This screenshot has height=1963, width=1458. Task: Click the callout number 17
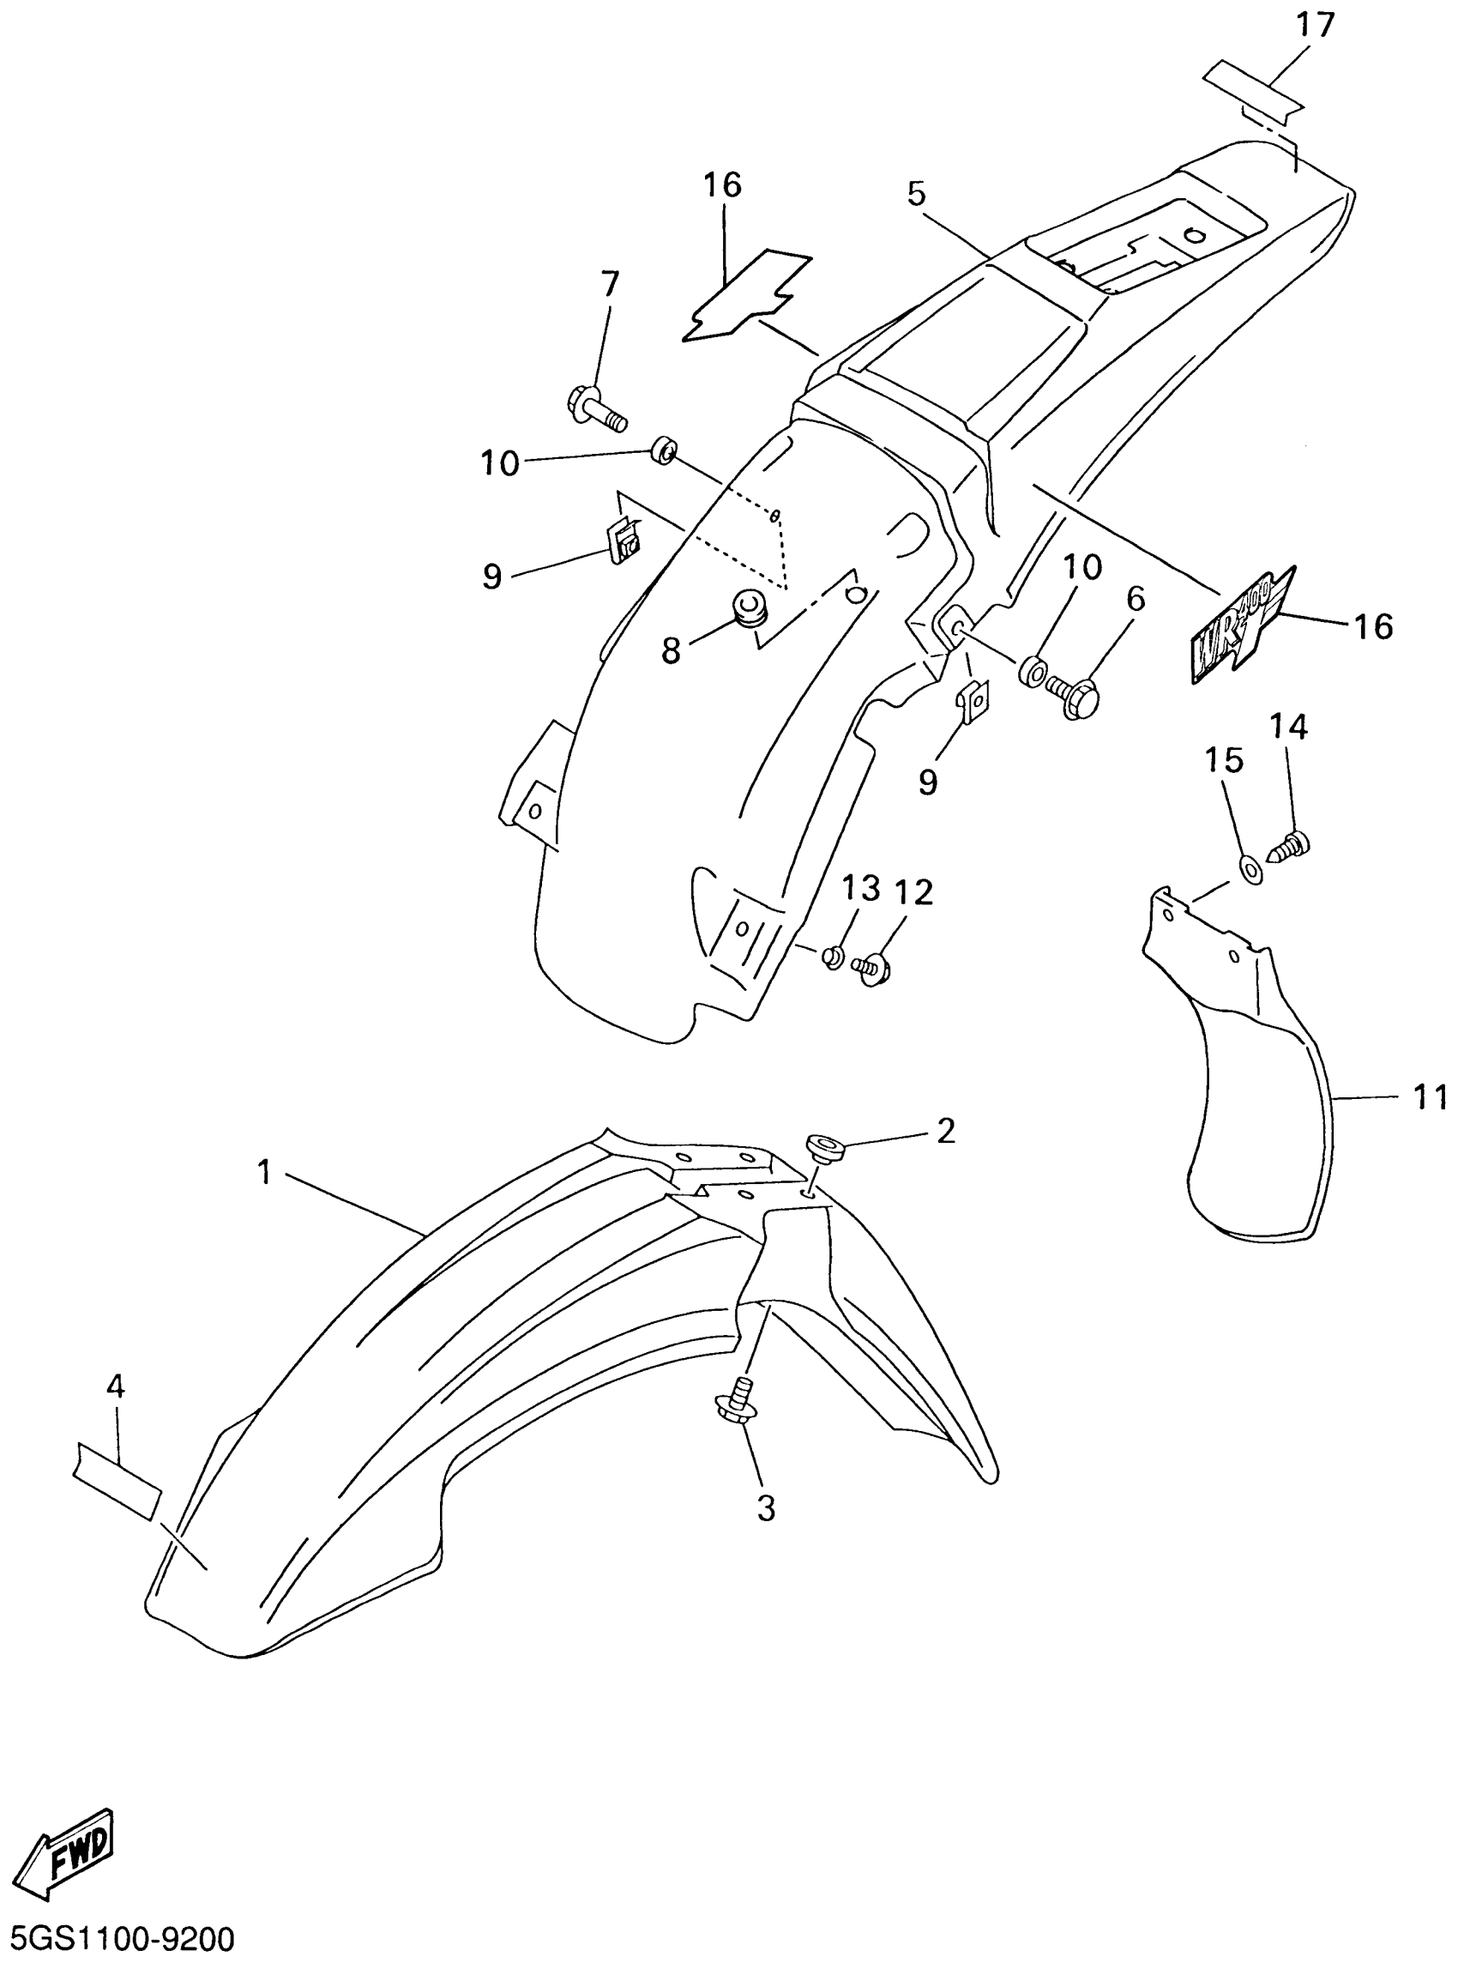point(1314,26)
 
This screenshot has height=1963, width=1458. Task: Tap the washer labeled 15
point(1249,868)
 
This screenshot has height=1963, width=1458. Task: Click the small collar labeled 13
point(831,956)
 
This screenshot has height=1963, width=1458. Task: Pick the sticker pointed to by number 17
point(1253,91)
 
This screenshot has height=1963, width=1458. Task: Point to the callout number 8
point(671,651)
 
